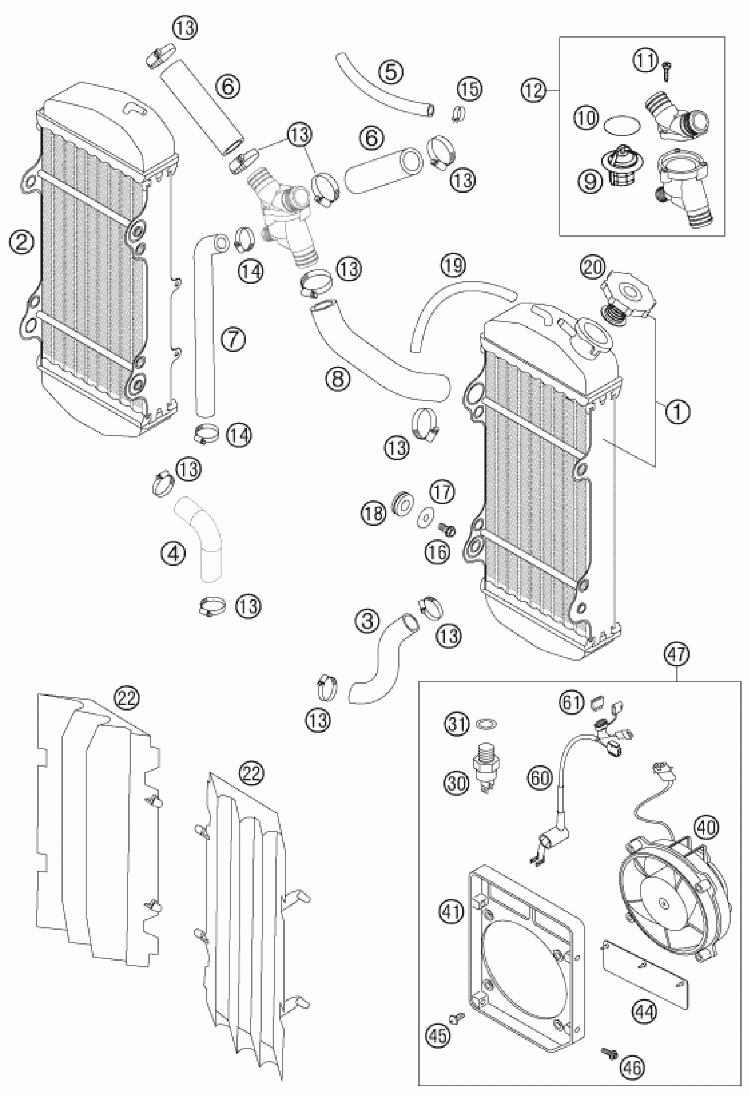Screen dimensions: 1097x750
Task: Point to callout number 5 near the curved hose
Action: (x=393, y=73)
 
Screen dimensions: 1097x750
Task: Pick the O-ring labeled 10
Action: (x=622, y=125)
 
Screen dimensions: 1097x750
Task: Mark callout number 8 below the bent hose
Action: (x=338, y=378)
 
